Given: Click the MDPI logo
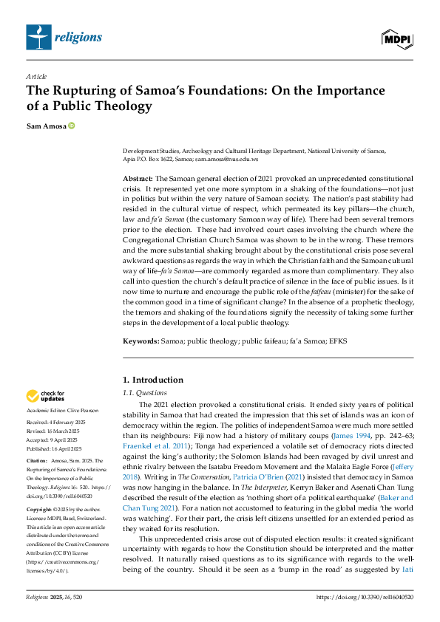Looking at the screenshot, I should [397, 37].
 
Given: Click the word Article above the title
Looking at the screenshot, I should [36, 76].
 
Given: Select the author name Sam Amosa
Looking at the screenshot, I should [46, 127].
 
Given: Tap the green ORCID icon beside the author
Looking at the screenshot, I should [72, 127].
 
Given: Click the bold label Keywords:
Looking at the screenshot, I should [140, 341].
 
